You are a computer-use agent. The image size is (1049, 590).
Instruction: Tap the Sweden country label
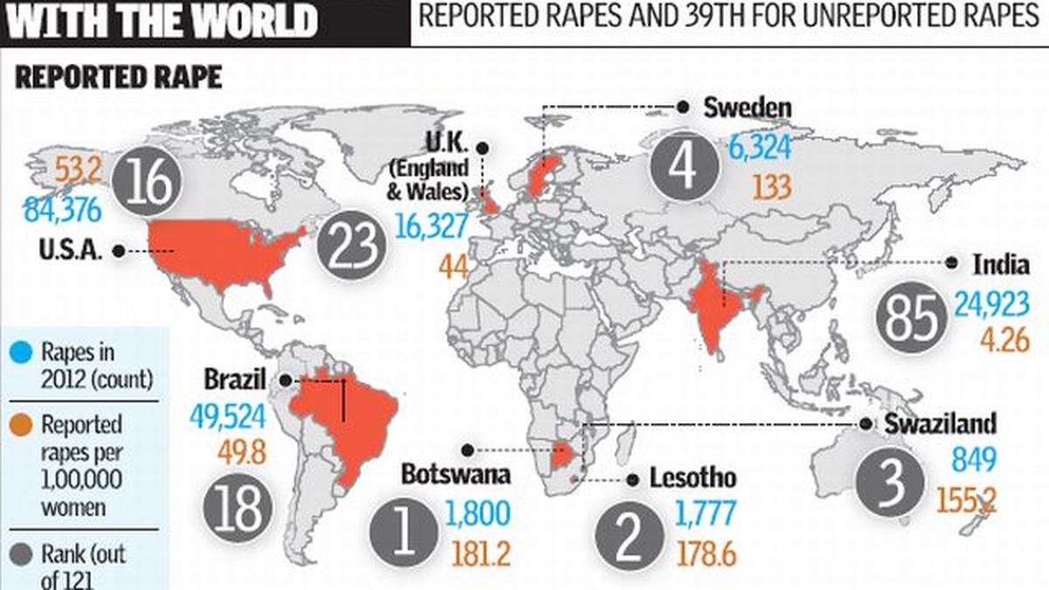click(x=747, y=108)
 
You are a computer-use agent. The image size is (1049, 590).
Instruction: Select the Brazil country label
click(x=235, y=380)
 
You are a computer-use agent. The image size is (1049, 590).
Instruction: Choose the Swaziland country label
click(x=940, y=424)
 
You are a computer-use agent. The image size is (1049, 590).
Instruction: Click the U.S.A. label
click(x=72, y=251)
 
